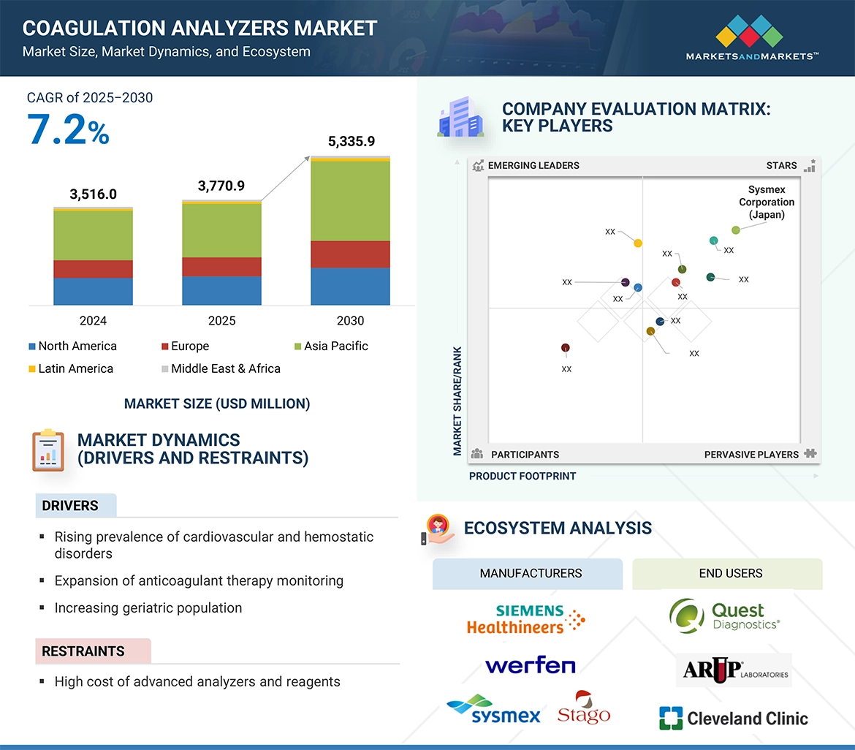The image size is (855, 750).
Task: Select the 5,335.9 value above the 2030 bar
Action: (x=351, y=141)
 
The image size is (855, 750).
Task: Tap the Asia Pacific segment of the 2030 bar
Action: (x=350, y=201)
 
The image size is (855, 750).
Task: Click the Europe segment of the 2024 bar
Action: (x=93, y=269)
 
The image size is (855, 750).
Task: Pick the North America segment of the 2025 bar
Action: (x=221, y=290)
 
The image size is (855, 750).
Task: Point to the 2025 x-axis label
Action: (x=221, y=320)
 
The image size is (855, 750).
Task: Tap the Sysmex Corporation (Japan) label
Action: (x=766, y=202)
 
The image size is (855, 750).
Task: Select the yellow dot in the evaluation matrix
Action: (x=638, y=243)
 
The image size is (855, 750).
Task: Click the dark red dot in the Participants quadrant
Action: (x=565, y=348)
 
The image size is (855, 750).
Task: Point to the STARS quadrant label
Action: (x=781, y=166)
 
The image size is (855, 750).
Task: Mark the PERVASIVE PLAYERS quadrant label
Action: (x=751, y=455)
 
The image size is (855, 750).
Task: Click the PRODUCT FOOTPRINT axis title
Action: (x=522, y=476)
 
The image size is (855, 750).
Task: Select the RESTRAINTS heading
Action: (x=83, y=651)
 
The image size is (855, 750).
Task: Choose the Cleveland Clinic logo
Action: (x=733, y=719)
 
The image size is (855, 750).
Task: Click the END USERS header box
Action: (x=731, y=573)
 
